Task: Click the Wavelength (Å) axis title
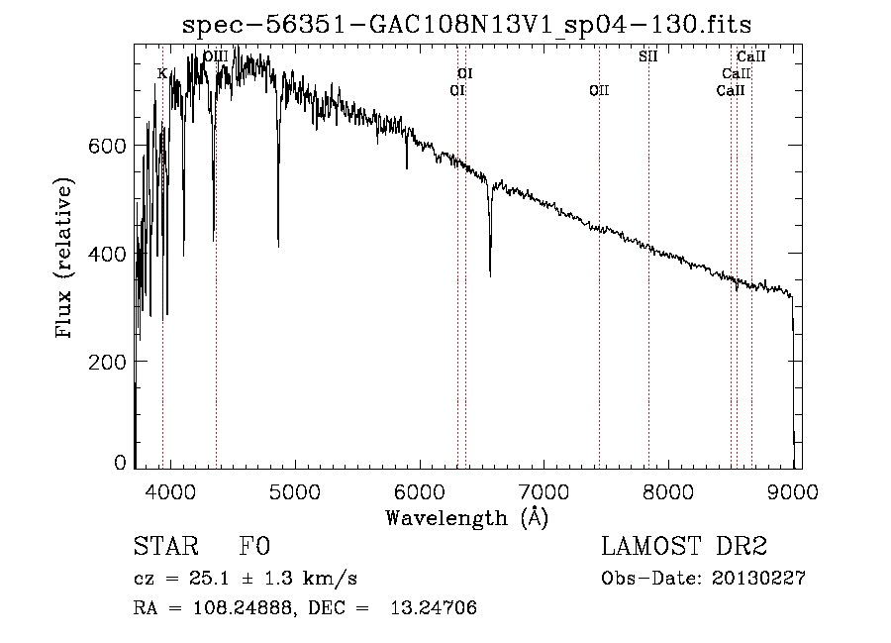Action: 466,517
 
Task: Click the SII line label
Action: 647,56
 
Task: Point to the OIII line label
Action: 215,56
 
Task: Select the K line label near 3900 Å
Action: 162,73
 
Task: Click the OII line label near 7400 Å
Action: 599,90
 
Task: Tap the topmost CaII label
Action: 751,56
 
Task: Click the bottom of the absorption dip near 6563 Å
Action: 490,274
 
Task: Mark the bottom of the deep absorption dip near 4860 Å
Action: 278,245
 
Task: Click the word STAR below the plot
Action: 160,547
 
